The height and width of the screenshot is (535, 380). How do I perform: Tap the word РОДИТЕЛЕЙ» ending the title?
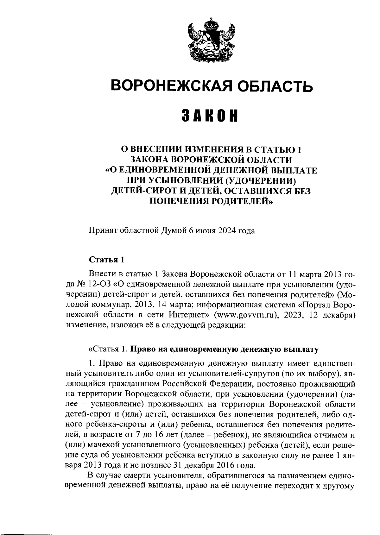[242, 201]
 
